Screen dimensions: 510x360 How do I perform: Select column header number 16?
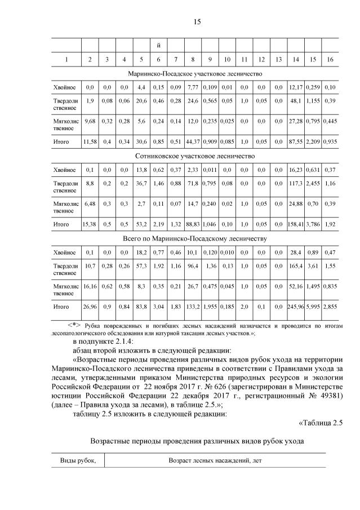coord(330,59)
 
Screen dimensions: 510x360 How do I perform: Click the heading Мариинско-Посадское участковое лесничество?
coord(195,73)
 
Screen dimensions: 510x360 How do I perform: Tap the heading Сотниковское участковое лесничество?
coord(195,156)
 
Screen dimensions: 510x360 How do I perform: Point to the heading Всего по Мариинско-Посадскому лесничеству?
coord(195,238)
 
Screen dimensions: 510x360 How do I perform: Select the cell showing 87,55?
coord(295,142)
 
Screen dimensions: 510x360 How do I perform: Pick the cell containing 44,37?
coord(193,142)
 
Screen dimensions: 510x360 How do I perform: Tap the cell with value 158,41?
coord(295,224)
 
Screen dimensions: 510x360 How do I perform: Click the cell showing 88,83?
coord(193,224)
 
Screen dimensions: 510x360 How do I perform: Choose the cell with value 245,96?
coord(295,307)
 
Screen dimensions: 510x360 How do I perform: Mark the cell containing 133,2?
coord(193,307)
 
